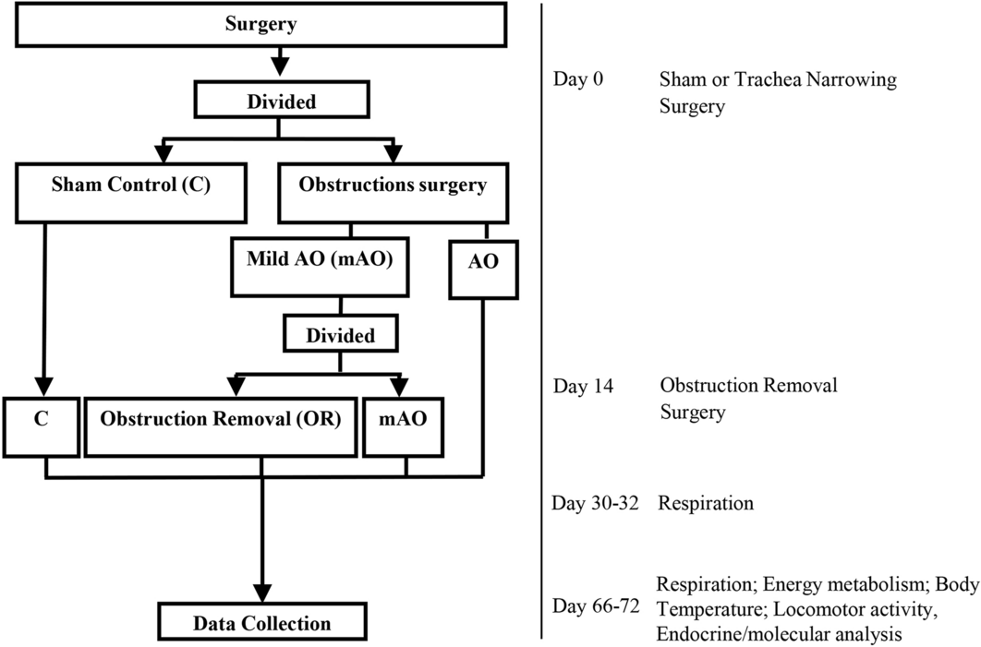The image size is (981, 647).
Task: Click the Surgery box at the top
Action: [261, 24]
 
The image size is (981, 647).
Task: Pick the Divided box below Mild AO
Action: [342, 335]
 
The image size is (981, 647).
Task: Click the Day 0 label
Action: [578, 79]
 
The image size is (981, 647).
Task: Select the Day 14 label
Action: [582, 386]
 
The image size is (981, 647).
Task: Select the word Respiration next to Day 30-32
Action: [706, 504]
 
